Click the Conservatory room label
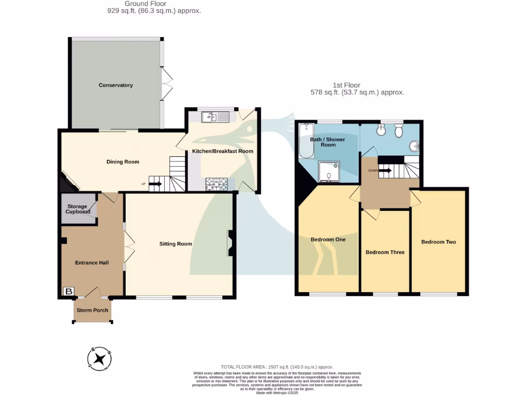click(x=116, y=85)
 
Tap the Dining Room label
click(x=122, y=162)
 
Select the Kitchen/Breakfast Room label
click(x=222, y=151)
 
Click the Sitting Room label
click(x=175, y=244)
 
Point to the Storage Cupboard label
click(x=77, y=209)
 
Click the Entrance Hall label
click(x=92, y=263)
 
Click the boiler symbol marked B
click(x=68, y=292)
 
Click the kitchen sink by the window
click(x=216, y=117)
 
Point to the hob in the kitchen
click(x=217, y=184)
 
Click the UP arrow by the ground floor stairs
click(x=155, y=183)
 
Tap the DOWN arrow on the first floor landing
click(x=385, y=170)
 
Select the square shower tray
click(x=329, y=172)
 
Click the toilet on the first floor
click(x=398, y=132)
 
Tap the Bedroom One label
click(x=328, y=240)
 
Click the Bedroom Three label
click(x=385, y=253)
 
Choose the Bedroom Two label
click(x=438, y=242)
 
